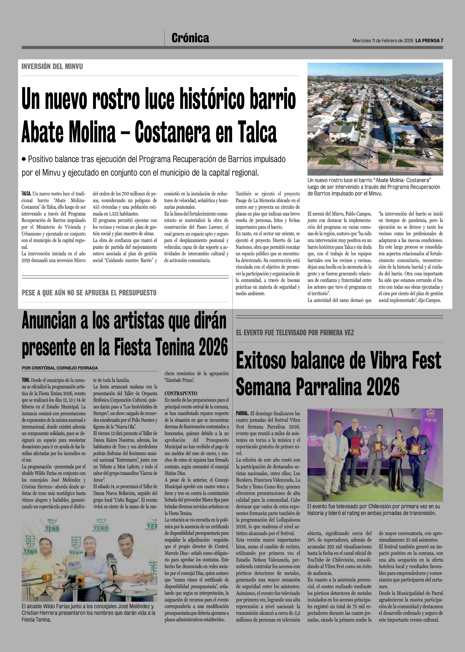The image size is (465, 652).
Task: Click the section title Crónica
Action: (190, 38)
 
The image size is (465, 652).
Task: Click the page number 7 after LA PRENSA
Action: (442, 41)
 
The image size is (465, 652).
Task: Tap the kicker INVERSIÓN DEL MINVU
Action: (52, 67)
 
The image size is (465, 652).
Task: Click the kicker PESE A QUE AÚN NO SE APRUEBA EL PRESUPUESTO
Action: (89, 293)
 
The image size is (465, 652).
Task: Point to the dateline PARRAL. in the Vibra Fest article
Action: (242, 414)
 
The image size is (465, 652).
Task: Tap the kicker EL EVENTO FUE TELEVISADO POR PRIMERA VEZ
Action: (295, 333)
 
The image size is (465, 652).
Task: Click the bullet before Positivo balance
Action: (24, 159)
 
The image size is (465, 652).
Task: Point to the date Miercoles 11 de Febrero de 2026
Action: (383, 41)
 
